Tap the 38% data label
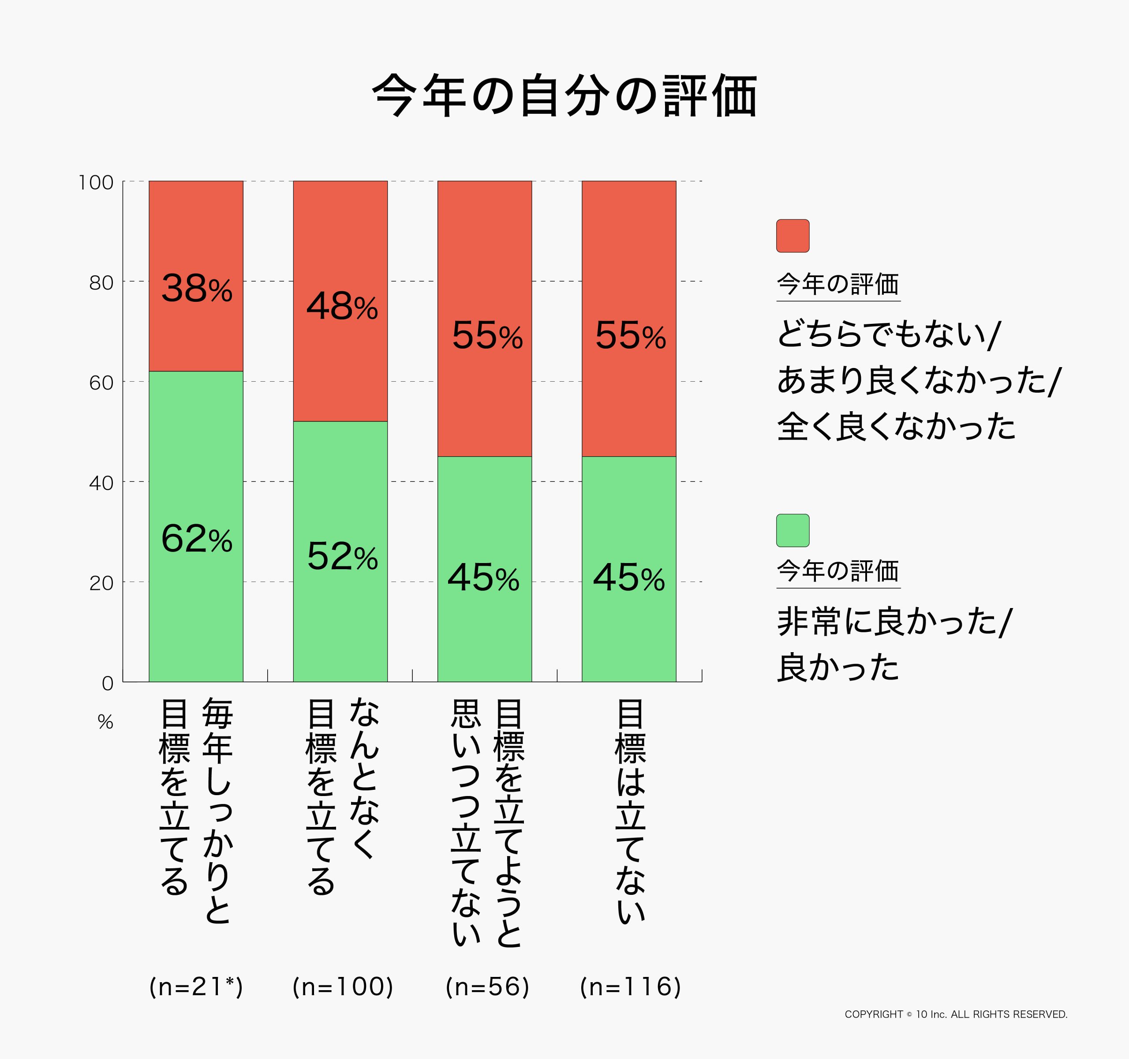pyautogui.click(x=197, y=289)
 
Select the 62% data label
pyautogui.click(x=197, y=539)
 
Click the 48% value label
pyautogui.click(x=342, y=306)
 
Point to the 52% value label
pyautogui.click(x=342, y=556)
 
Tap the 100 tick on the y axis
pyautogui.click(x=96, y=183)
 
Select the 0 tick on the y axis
pyautogui.click(x=107, y=683)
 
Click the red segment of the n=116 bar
pyautogui.click(x=629, y=255)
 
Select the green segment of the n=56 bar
pyautogui.click(x=484, y=625)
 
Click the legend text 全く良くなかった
pyautogui.click(x=896, y=427)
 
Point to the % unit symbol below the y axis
pyautogui.click(x=106, y=722)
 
